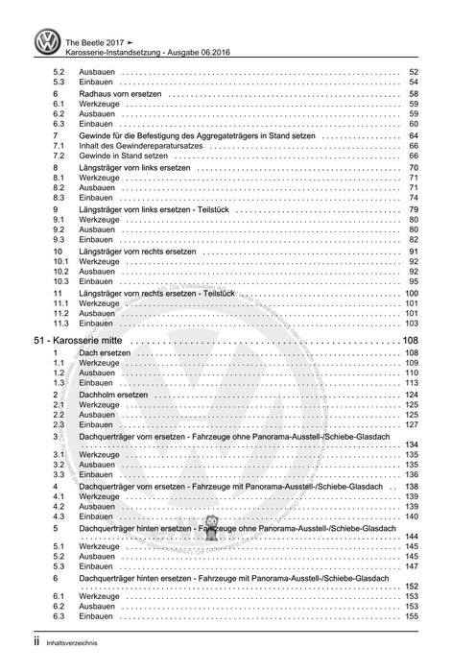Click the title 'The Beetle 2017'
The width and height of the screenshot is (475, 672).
click(98, 32)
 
